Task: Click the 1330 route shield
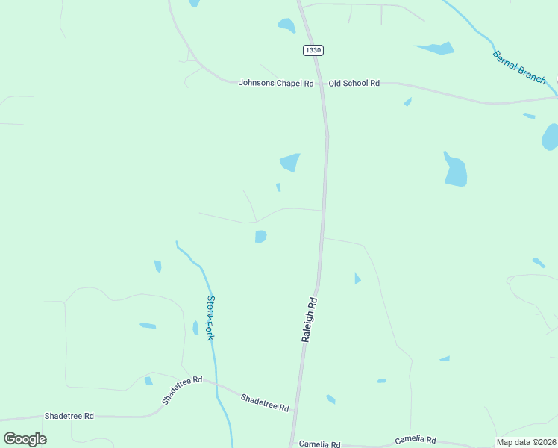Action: (x=313, y=50)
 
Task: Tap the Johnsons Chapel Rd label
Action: (x=275, y=83)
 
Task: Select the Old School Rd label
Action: (x=354, y=83)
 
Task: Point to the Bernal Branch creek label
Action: (x=519, y=67)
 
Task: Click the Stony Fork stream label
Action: (x=210, y=318)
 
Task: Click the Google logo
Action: (x=25, y=438)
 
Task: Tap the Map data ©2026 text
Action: (x=526, y=442)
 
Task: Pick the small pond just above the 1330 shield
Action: (x=286, y=26)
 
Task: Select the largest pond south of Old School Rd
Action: (x=455, y=171)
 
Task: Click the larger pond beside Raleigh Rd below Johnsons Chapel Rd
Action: (x=289, y=161)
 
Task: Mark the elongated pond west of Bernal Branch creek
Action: (x=436, y=49)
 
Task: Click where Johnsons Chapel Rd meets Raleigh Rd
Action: (x=322, y=83)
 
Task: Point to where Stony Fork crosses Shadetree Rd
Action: (x=216, y=384)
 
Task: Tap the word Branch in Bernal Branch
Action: (x=532, y=74)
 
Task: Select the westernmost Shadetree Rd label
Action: (x=69, y=416)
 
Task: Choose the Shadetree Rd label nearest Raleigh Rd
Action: (x=265, y=403)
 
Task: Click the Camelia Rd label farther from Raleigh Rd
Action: (x=415, y=441)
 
